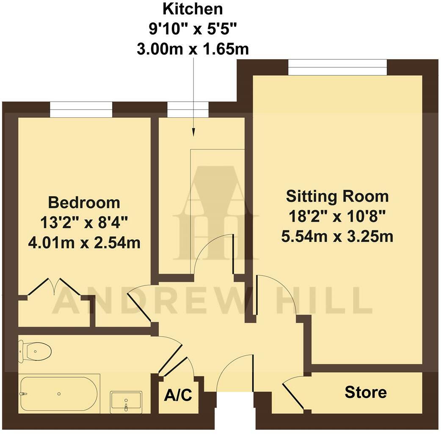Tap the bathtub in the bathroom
coord(59,393)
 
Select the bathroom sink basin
coord(126,401)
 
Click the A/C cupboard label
coord(178,396)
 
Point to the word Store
coord(366,392)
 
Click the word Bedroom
coord(84,202)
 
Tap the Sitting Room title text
coord(337,196)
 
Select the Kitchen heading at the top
coord(193,8)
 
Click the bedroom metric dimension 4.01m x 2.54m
coord(84,243)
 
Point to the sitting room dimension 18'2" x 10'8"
coord(337,216)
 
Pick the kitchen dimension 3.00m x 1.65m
coord(193,49)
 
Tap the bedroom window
coord(81,109)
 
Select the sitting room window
coord(337,67)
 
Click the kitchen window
coord(188,109)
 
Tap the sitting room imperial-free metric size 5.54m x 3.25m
coord(337,236)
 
